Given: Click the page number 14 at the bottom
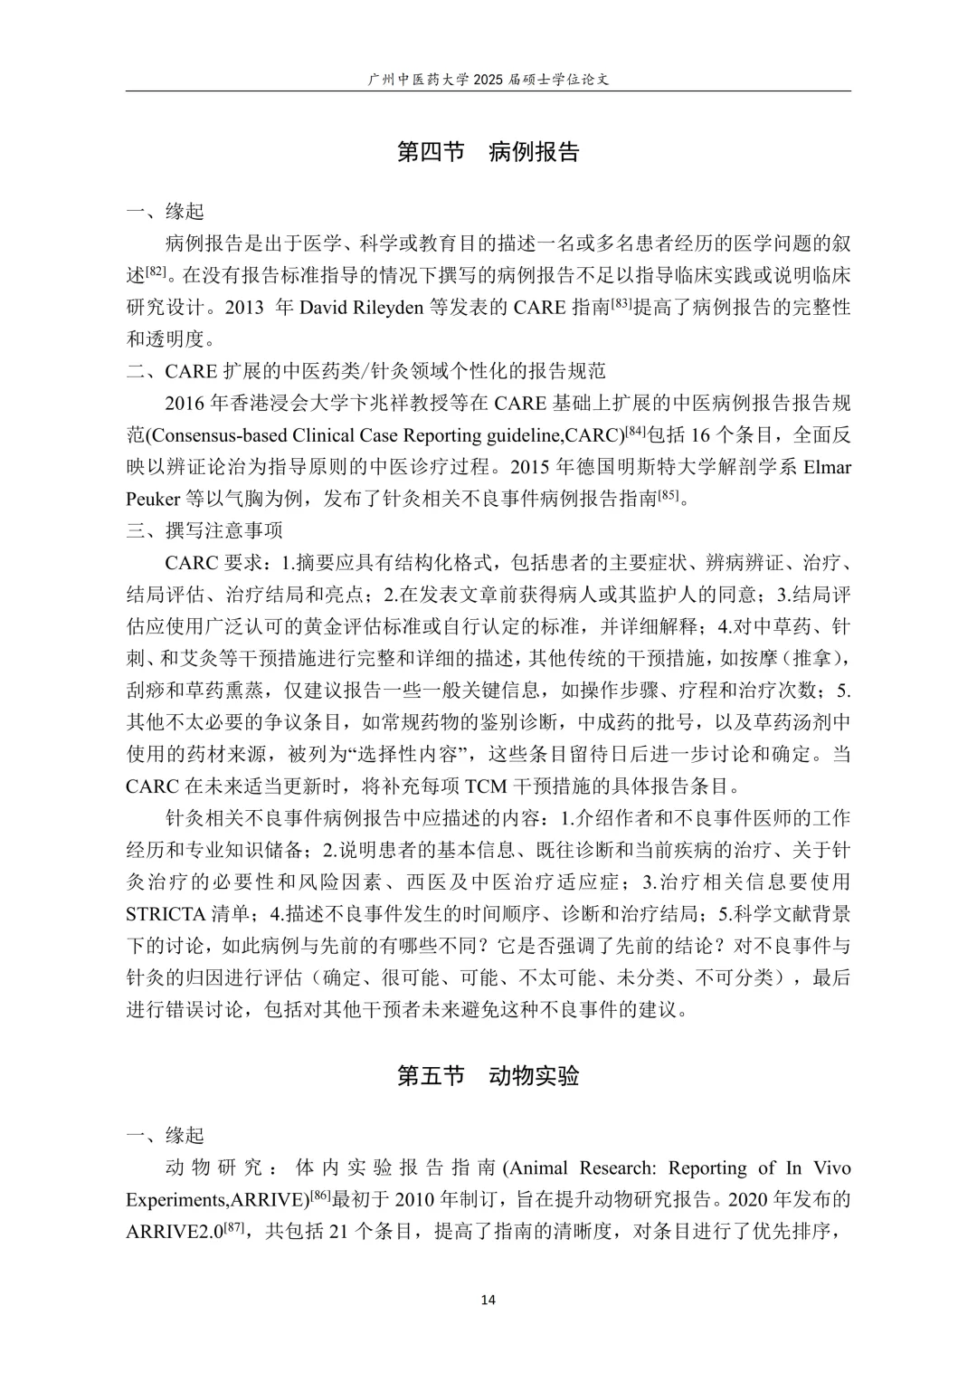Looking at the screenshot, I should (488, 1301).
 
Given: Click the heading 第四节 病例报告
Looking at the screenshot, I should (488, 151).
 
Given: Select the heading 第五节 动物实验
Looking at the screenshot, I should (488, 1075).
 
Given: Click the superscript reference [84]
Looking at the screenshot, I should (637, 431).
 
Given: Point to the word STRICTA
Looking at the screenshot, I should (166, 913).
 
